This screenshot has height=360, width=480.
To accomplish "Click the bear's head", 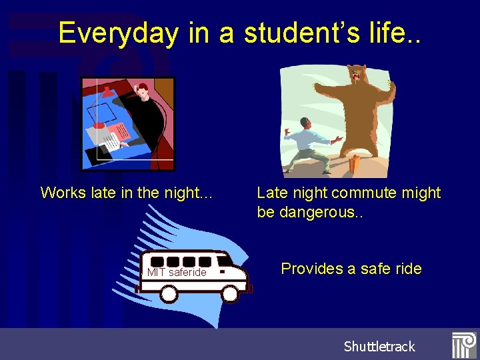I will (x=357, y=75).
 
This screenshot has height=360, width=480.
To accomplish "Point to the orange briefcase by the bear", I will (x=354, y=163).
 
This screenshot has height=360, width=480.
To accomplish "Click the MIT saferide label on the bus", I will (x=177, y=272).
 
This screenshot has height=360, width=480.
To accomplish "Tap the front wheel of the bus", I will (x=230, y=293).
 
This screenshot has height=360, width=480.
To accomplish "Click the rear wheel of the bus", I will (x=169, y=293).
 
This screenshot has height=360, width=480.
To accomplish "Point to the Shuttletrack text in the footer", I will (x=379, y=346).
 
